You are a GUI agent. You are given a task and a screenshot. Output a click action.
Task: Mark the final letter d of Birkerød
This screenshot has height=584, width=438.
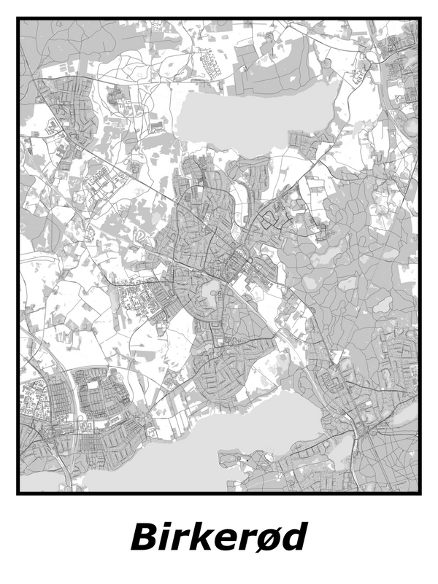296,537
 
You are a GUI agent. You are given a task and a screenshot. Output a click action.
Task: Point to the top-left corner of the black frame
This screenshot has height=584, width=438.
18,19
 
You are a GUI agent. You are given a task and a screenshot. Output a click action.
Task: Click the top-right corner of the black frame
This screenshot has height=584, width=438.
420,19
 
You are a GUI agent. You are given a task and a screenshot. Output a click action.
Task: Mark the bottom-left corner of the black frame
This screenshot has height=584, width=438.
18,493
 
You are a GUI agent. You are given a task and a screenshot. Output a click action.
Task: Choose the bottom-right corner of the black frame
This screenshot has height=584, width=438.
420,493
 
